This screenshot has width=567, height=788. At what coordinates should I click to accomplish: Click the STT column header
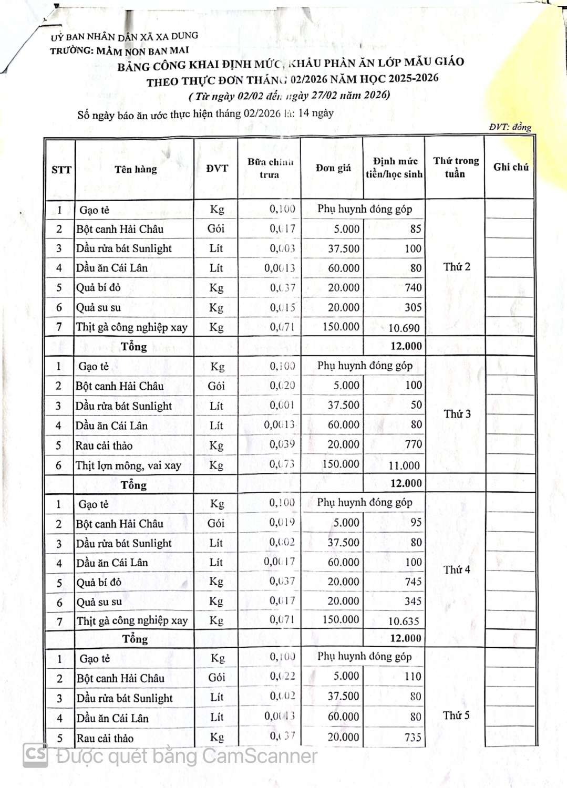pos(61,170)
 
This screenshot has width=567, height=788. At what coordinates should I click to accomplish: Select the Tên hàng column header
pos(136,169)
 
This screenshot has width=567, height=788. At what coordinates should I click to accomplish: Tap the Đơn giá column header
pos(333,168)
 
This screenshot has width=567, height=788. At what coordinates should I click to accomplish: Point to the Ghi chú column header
pos(511,167)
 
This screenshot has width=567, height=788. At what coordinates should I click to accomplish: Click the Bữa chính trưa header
pos(270,168)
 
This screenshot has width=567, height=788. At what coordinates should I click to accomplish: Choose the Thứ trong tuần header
pos(456,167)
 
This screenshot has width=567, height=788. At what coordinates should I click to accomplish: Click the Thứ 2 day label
pos(457,267)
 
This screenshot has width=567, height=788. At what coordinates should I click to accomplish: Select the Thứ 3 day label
pos(457,414)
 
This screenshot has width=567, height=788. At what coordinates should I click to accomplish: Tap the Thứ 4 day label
pos(457,569)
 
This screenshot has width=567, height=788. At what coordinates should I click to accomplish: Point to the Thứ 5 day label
pos(456,716)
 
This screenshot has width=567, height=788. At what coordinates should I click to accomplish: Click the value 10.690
pos(404,328)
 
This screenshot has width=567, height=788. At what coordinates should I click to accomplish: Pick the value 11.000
pos(404,465)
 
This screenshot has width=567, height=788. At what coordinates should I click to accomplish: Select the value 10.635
pos(404,621)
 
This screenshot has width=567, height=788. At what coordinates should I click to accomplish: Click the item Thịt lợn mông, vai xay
pos(128,465)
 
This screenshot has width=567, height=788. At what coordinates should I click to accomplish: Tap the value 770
pos(414,444)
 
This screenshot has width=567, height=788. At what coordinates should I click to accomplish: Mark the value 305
pos(413,307)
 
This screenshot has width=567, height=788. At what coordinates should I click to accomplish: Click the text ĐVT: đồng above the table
pos(510,127)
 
